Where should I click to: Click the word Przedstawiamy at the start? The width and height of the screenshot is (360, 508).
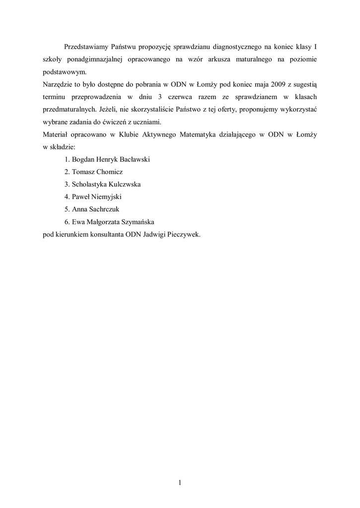coord(86,47)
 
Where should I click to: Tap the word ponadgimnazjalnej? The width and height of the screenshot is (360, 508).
coord(94,60)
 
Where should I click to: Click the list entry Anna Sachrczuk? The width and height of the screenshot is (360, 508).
coord(95,209)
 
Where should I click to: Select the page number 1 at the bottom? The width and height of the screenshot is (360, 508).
coord(180,482)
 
